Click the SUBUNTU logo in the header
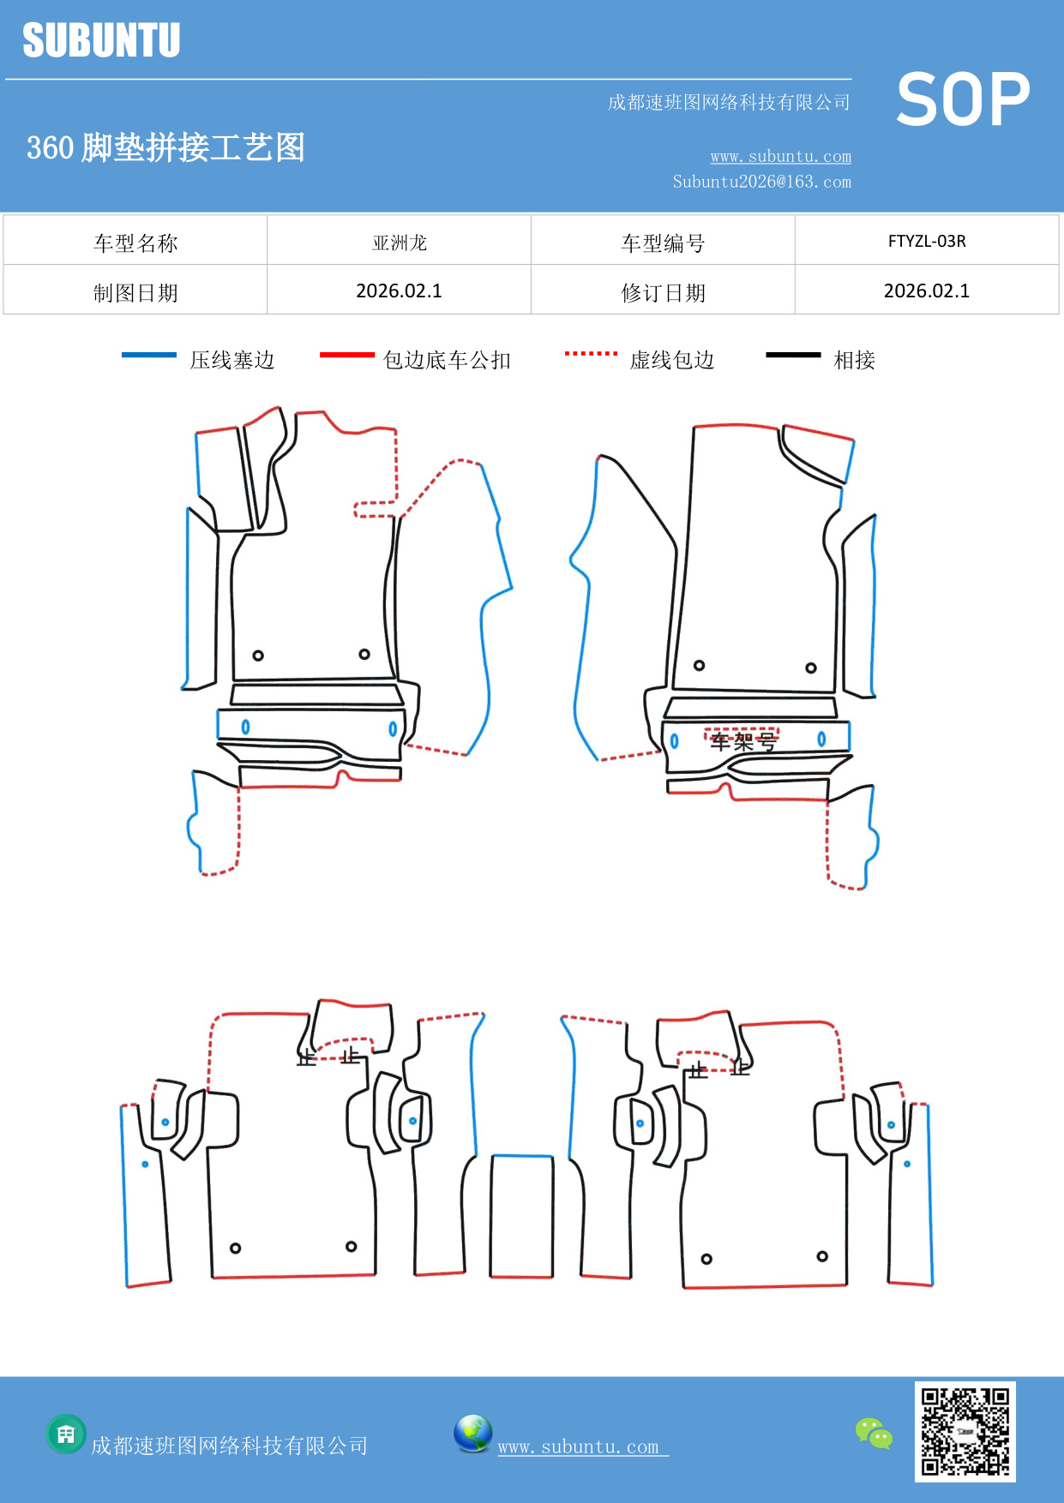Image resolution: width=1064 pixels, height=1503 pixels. tap(101, 40)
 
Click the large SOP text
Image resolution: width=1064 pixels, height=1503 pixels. tap(963, 99)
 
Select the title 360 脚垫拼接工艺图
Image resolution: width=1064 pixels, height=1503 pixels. tap(165, 147)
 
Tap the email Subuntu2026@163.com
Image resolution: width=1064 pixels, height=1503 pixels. tap(761, 182)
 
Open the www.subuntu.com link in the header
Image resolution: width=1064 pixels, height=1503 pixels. tap(780, 156)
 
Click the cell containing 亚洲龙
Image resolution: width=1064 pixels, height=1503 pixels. tap(399, 243)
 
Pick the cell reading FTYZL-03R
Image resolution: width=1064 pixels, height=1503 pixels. tap(926, 241)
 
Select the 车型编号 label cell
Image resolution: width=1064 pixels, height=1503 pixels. tap(662, 243)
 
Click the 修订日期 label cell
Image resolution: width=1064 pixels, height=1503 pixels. tap(662, 293)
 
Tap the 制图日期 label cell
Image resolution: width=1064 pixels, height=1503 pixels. tap(135, 293)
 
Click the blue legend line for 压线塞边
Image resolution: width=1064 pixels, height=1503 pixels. tap(149, 355)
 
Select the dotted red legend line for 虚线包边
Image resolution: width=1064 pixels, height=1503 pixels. tap(591, 353)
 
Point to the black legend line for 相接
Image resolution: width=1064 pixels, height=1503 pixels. tap(793, 355)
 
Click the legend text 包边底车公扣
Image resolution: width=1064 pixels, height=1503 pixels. tap(447, 360)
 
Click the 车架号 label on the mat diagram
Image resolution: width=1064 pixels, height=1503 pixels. tap(742, 740)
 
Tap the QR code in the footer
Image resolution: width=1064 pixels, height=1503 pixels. tap(965, 1431)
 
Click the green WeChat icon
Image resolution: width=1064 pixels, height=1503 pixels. tap(874, 1433)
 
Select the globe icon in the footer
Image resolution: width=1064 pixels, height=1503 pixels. tap(472, 1433)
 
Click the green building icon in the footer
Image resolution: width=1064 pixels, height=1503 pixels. tap(66, 1434)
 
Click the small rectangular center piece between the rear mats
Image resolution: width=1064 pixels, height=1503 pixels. tap(521, 1216)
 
